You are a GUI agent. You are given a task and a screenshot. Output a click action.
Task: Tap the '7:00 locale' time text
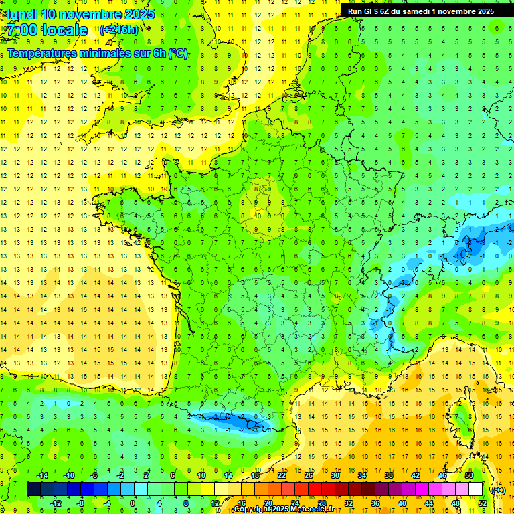[x=47, y=30]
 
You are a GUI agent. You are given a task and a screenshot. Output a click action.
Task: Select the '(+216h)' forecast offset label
[x=119, y=29]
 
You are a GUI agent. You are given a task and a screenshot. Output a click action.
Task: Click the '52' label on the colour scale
[x=483, y=503]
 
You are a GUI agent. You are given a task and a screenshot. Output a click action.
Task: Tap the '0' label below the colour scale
[x=133, y=503]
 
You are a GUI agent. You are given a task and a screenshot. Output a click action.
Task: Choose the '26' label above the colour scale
[x=309, y=475]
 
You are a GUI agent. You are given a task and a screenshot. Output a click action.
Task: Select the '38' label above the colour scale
[x=388, y=475]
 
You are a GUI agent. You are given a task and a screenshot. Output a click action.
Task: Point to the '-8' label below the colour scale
[x=80, y=503]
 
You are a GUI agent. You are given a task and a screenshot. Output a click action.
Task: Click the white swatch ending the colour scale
[x=476, y=489]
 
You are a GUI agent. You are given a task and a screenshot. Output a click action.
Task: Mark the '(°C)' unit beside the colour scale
[x=498, y=489]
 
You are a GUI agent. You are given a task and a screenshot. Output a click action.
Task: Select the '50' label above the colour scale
[x=468, y=475]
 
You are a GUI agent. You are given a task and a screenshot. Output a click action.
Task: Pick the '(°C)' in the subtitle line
[x=178, y=53]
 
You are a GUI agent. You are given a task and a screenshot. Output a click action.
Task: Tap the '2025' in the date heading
[x=139, y=13]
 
